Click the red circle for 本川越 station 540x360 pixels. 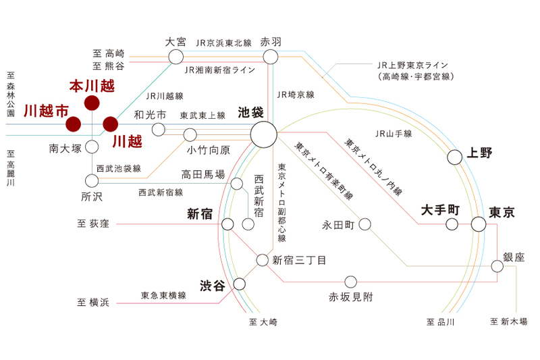(92, 103)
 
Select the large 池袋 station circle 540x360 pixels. (263, 134)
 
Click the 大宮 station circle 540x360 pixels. (175, 57)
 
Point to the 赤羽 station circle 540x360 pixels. (269, 57)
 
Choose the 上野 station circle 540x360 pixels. (454, 157)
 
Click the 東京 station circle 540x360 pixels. (478, 224)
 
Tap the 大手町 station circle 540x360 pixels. (451, 224)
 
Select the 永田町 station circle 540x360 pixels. (365, 224)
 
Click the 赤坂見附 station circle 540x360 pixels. (350, 281)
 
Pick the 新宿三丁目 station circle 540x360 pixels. (263, 259)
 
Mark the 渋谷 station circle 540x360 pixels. (238, 284)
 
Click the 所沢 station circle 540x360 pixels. (92, 180)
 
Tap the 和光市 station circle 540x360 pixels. (159, 130)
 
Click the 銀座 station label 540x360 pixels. (514, 257)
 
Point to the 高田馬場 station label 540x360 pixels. (202, 174)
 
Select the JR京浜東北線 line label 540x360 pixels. (223, 43)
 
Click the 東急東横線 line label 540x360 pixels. (163, 296)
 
